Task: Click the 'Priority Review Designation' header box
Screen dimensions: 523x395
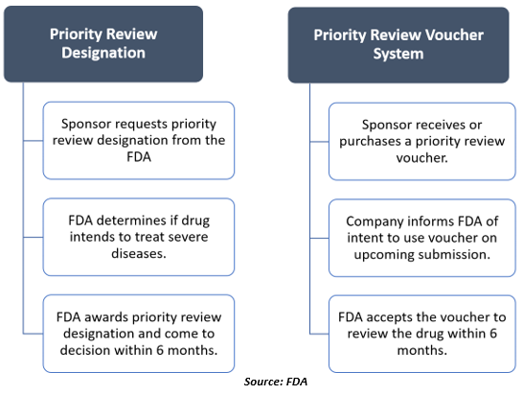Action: point(103,44)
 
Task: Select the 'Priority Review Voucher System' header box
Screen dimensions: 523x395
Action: point(398,45)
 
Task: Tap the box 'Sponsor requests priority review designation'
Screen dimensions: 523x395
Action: point(139,141)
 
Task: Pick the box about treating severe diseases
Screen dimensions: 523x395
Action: point(139,237)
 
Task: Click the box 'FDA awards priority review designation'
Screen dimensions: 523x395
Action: point(139,334)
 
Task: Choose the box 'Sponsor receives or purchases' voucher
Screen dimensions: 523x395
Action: point(422,142)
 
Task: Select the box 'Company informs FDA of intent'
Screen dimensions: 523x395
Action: point(422,238)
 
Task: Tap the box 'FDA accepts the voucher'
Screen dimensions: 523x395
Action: point(422,334)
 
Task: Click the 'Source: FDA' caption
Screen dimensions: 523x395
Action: point(276,382)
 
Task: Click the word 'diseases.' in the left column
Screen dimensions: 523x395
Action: point(139,253)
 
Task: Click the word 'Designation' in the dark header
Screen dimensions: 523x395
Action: point(103,53)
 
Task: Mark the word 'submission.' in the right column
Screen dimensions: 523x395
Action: point(456,254)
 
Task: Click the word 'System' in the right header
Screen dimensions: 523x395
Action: point(398,54)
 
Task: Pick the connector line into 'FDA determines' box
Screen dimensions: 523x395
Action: point(33,238)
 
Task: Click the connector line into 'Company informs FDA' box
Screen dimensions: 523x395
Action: point(319,239)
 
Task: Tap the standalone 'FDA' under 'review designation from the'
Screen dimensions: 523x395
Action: point(139,157)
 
